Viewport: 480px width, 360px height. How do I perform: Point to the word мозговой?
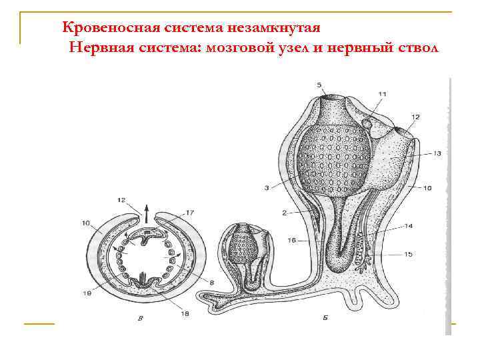[240, 48]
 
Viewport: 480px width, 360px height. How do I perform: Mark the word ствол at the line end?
[417, 48]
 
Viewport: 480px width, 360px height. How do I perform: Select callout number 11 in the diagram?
[381, 95]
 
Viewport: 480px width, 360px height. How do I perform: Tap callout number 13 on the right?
[437, 153]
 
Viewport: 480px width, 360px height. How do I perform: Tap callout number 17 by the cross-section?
[189, 213]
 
